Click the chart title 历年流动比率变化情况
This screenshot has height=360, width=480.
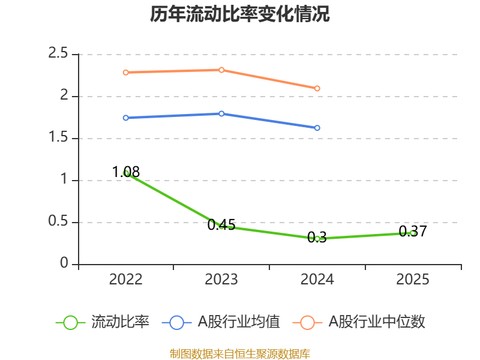click(x=240, y=14)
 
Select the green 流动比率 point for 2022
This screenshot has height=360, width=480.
click(x=125, y=173)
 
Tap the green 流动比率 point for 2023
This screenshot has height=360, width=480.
click(x=221, y=226)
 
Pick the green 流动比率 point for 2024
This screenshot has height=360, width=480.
click(x=317, y=239)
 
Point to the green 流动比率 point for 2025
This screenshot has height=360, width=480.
click(x=413, y=233)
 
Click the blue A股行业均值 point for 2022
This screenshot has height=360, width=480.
click(x=125, y=118)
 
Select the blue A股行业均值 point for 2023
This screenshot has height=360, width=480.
click(x=221, y=113)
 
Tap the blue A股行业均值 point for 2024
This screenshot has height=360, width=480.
click(x=317, y=128)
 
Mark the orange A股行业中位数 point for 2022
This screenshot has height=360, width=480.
click(x=125, y=72)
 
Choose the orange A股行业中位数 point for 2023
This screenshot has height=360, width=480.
click(x=221, y=70)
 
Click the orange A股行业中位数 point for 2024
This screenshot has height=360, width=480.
click(x=317, y=88)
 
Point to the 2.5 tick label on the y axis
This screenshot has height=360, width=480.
click(x=59, y=55)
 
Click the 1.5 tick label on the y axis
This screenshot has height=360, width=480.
click(x=59, y=139)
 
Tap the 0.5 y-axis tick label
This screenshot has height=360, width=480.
click(x=59, y=223)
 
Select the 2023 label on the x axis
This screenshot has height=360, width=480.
click(x=221, y=280)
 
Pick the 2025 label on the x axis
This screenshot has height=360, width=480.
click(x=413, y=280)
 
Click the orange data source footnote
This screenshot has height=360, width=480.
click(x=240, y=354)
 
